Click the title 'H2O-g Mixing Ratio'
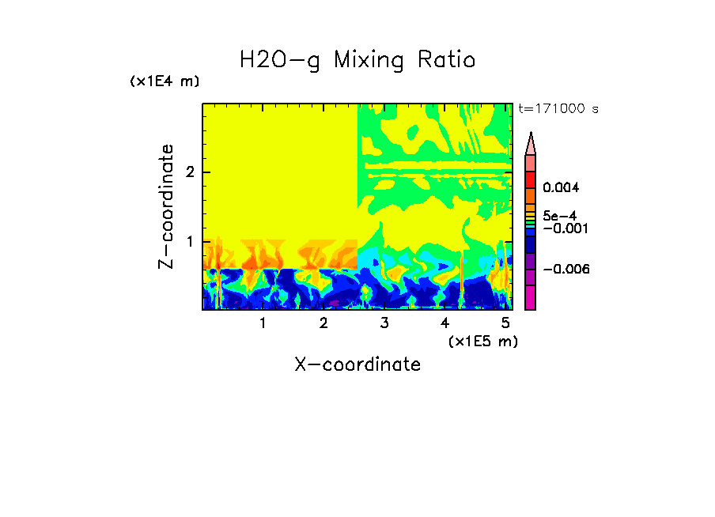[x=357, y=60]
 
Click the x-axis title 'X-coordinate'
[x=357, y=364]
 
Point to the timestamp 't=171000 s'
[x=558, y=108]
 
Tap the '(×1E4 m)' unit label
[x=165, y=81]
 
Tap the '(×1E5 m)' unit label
[x=482, y=341]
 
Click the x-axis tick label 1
[x=263, y=323]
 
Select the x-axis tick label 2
[x=323, y=323]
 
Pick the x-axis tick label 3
[x=384, y=323]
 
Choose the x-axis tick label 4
[x=445, y=323]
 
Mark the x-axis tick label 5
[x=505, y=323]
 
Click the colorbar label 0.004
[x=561, y=188]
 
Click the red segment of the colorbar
[x=531, y=179]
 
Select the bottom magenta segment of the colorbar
[x=531, y=298]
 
